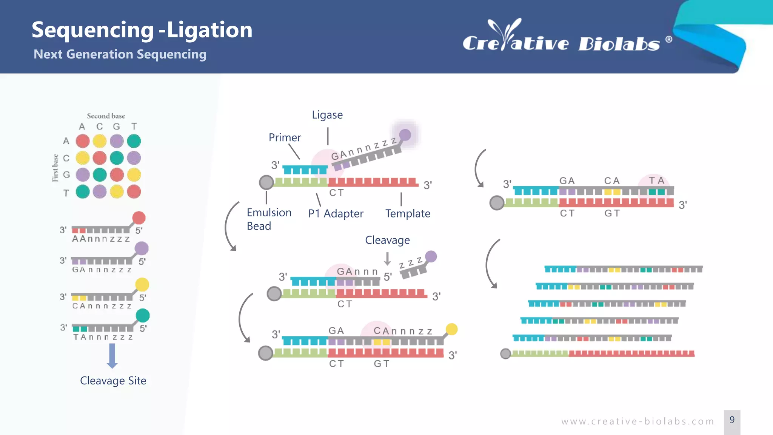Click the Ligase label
[327, 115]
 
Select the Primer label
[285, 137]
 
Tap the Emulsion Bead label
[269, 219]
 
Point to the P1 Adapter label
[336, 214]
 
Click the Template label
[408, 214]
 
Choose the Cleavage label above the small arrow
[387, 240]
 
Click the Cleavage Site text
[113, 381]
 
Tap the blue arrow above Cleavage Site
[112, 356]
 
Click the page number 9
[732, 420]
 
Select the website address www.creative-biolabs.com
[637, 421]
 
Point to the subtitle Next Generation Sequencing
[120, 54]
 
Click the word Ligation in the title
[209, 30]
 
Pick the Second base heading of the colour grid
[106, 116]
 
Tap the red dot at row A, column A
[83, 141]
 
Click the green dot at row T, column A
[83, 192]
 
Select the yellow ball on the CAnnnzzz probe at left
[142, 285]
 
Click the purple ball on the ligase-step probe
[405, 135]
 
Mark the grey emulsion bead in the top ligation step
[266, 182]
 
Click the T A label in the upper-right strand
[656, 180]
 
